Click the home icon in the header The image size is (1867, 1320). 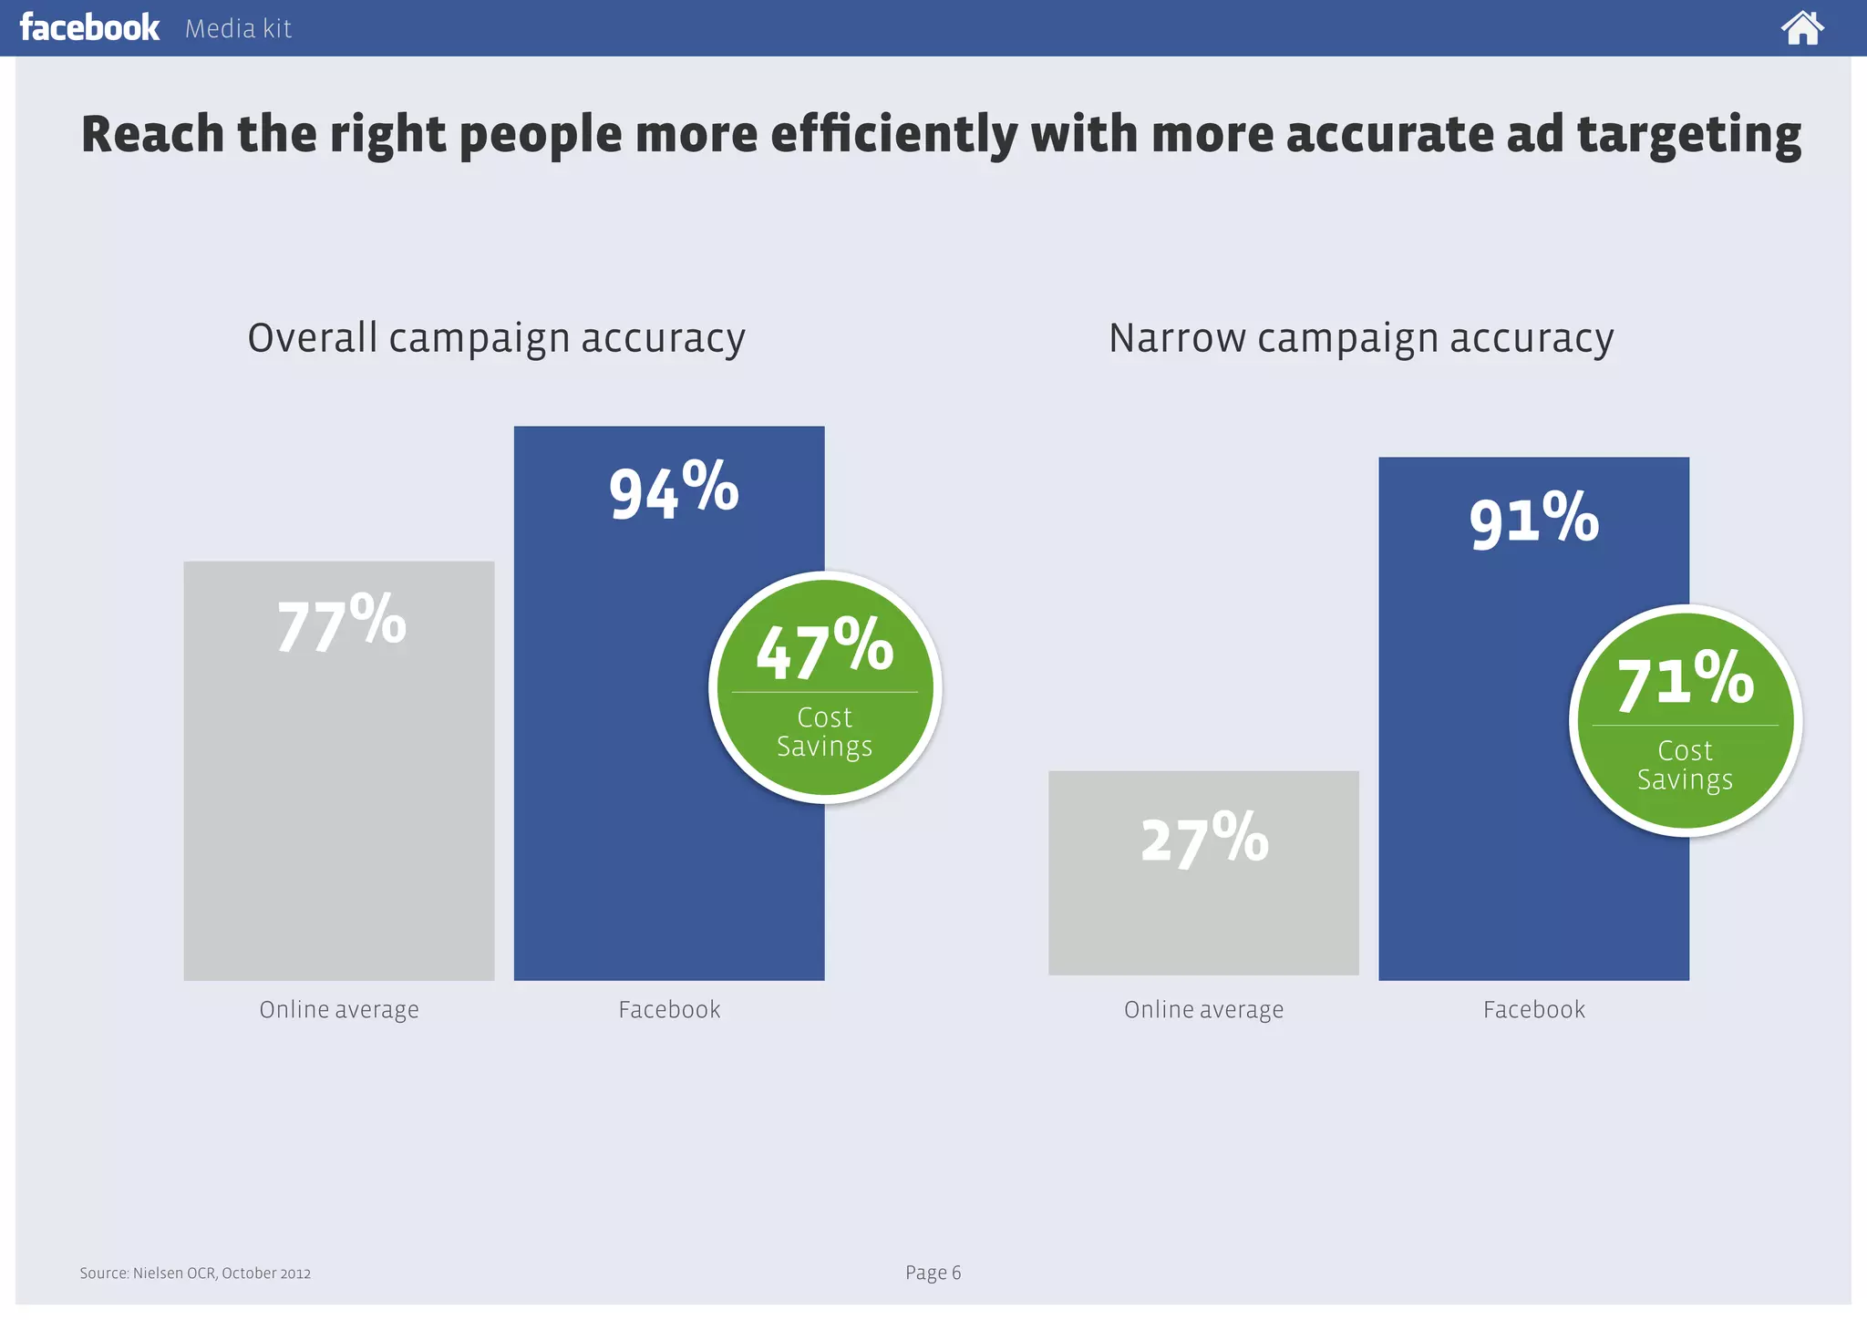[1801, 28]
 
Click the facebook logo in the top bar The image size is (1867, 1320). [89, 27]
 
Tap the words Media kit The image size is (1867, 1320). [238, 29]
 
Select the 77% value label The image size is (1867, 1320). [341, 624]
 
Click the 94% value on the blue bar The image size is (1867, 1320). [673, 490]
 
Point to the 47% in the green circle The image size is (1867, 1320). [824, 649]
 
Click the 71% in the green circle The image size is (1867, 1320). [1685, 682]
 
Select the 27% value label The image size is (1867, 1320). [1203, 839]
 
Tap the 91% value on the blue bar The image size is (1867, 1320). [1533, 520]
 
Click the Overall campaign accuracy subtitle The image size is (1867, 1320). [496, 339]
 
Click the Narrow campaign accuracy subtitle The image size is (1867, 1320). [1360, 339]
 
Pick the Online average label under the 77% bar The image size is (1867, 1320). [339, 1010]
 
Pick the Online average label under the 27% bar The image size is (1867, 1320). [1203, 1010]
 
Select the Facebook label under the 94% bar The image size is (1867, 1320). [669, 1010]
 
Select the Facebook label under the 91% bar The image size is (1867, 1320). [1533, 1010]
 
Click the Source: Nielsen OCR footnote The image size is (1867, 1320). [195, 1274]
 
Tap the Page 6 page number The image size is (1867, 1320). [933, 1273]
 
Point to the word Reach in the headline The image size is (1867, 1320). [152, 135]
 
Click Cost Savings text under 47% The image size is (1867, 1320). [824, 732]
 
